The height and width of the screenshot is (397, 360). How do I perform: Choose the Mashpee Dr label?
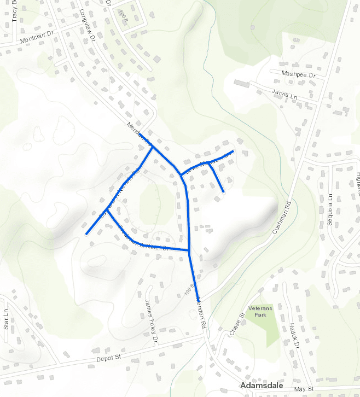click(x=299, y=74)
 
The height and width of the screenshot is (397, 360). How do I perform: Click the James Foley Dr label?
click(x=151, y=314)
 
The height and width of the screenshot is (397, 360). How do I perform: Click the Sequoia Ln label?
click(x=330, y=209)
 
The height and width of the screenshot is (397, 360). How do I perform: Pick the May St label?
click(x=301, y=389)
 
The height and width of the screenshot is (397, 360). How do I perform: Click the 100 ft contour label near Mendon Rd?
click(x=189, y=290)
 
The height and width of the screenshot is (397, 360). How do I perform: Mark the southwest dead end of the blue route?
click(x=86, y=234)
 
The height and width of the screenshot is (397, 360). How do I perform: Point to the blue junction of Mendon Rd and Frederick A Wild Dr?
click(x=189, y=251)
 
